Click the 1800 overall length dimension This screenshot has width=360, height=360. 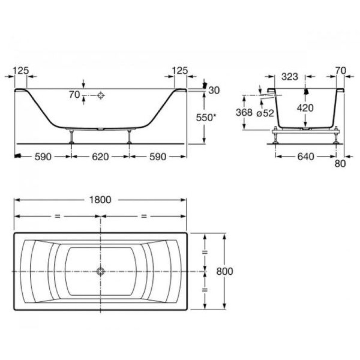tap(100, 200)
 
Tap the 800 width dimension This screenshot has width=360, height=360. tap(225, 271)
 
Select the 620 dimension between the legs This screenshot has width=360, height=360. tap(100, 157)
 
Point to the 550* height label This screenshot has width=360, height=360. tap(206, 118)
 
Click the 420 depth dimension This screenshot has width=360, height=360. tap(305, 108)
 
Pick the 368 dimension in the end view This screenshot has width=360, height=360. tap(244, 112)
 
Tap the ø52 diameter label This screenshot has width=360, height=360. tap(265, 113)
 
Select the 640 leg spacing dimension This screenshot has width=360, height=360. tap(306, 157)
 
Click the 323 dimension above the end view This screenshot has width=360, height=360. tap(290, 76)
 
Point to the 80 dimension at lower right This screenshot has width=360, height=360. tap(340, 164)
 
